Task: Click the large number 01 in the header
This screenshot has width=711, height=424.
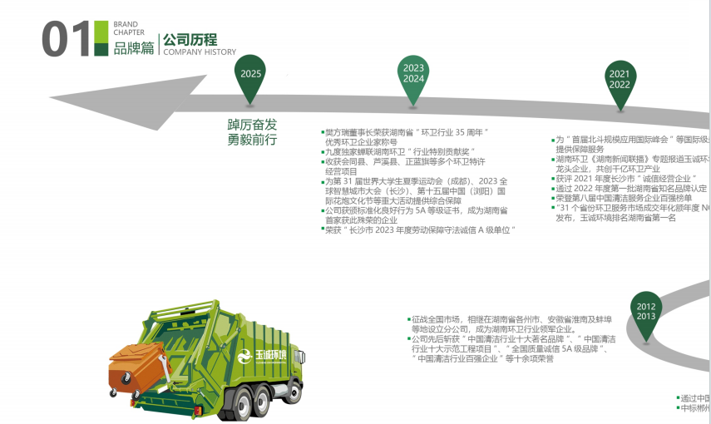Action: coord(64,38)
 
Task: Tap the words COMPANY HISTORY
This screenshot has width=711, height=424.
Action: coord(200,52)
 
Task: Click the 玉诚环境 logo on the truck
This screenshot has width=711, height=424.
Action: coord(259,357)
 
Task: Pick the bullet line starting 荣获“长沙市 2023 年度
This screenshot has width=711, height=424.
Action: coord(421,229)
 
